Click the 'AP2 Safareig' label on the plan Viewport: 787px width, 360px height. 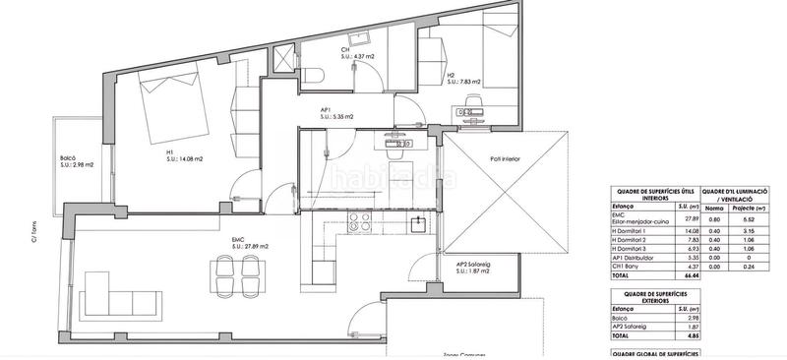tap(474, 265)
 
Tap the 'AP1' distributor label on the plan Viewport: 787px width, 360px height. tap(326, 110)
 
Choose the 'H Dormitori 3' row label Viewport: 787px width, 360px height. tap(635, 250)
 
